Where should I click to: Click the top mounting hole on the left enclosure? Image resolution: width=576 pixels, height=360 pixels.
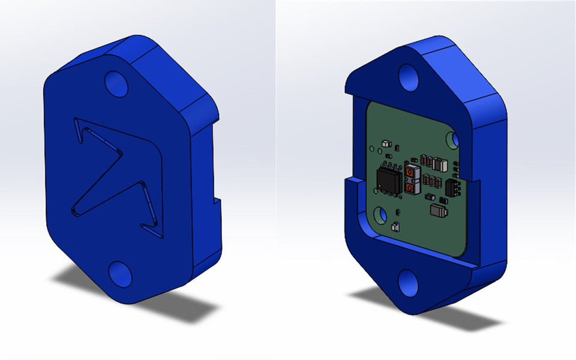(x=116, y=84)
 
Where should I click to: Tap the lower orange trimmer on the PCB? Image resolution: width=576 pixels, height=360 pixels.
(x=410, y=188)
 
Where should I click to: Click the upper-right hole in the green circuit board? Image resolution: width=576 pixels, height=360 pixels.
(x=454, y=139)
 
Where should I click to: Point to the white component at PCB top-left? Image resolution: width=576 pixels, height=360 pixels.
(x=385, y=144)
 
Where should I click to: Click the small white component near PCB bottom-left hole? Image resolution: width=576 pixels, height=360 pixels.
(x=395, y=226)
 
